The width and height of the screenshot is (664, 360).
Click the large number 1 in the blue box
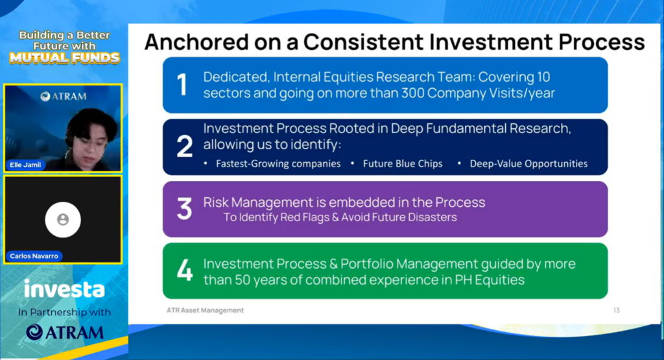(x=182, y=84)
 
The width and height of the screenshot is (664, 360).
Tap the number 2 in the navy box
(x=185, y=147)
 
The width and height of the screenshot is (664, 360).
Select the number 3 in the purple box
(x=185, y=208)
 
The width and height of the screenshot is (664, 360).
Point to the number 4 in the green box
(x=185, y=270)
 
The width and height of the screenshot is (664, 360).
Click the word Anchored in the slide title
(x=196, y=42)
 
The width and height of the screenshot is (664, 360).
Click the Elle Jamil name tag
(x=25, y=165)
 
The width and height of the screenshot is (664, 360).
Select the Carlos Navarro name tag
(x=34, y=256)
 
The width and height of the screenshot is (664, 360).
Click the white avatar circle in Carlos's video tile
(x=63, y=219)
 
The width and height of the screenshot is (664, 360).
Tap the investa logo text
(x=64, y=289)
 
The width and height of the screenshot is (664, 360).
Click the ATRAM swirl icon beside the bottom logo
(x=34, y=333)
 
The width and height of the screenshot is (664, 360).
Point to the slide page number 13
(x=617, y=311)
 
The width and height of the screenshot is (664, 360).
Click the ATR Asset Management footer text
(x=205, y=311)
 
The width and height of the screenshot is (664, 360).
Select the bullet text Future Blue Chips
(x=403, y=164)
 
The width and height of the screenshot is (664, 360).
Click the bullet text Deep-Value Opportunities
(x=528, y=164)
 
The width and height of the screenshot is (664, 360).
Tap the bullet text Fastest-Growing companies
(x=278, y=164)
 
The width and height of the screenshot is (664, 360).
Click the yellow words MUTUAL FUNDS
(x=64, y=58)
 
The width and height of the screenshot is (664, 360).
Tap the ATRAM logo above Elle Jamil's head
(x=63, y=97)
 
